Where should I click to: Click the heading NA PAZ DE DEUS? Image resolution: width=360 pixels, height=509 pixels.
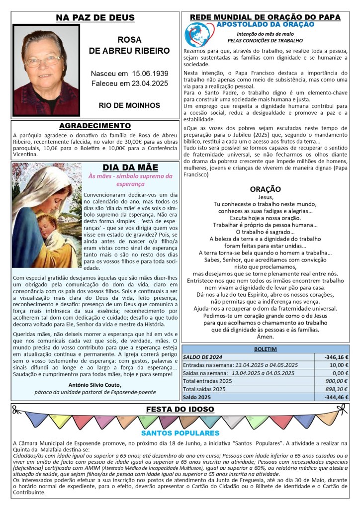pyautogui.click(x=95, y=18)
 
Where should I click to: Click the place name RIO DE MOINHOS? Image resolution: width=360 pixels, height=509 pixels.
pyautogui.click(x=129, y=105)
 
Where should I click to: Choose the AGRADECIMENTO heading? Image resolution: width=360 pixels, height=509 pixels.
pyautogui.click(x=95, y=126)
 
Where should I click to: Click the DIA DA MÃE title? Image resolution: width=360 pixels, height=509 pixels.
pyautogui.click(x=130, y=168)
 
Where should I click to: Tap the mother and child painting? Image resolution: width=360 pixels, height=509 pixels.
pyautogui.click(x=46, y=215)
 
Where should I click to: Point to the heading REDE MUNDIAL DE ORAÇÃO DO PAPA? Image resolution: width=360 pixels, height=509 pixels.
pyautogui.click(x=265, y=17)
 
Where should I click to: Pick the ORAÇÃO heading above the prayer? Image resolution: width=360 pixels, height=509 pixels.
pyautogui.click(x=265, y=189)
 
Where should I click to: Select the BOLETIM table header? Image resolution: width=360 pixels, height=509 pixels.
pyautogui.click(x=265, y=349)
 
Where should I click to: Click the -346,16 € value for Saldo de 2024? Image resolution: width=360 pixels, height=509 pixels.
pyautogui.click(x=336, y=357)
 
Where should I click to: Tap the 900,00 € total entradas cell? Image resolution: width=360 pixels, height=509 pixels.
pyautogui.click(x=336, y=381)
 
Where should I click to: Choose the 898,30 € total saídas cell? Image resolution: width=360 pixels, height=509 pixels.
pyautogui.click(x=336, y=389)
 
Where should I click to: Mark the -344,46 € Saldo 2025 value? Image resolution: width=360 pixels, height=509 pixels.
pyautogui.click(x=336, y=397)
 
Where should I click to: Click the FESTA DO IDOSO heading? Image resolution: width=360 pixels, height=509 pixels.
pyautogui.click(x=180, y=410)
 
